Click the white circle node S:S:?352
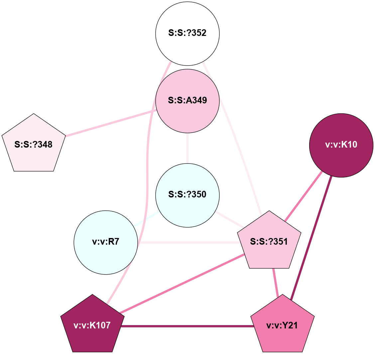point(187,33)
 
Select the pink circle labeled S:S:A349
point(187,100)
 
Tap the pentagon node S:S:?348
point(34,144)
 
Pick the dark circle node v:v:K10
point(341,145)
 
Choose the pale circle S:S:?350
point(187,195)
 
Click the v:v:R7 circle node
point(106,242)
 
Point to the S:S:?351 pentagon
point(269,242)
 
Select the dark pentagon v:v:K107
point(92,325)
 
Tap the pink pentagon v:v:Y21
point(282,325)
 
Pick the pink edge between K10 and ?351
point(303,196)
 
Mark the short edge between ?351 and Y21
point(275,282)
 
